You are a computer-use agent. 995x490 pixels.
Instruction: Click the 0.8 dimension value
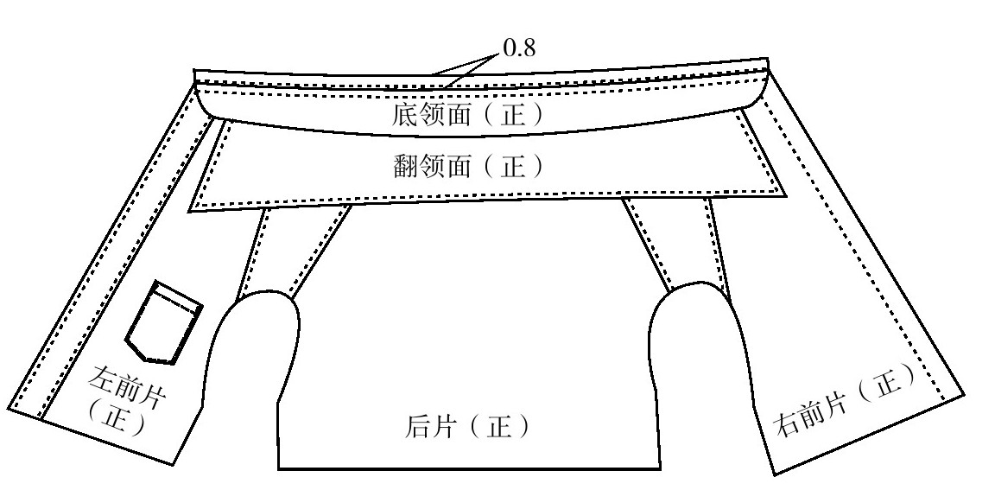(x=519, y=47)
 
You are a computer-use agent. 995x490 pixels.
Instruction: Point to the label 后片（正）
(x=467, y=426)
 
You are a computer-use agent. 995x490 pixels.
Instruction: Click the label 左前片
(x=127, y=388)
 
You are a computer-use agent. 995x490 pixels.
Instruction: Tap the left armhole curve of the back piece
(x=254, y=343)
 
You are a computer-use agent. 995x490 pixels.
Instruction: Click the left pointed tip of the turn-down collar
(x=189, y=212)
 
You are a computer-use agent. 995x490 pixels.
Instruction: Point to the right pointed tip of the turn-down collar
(x=786, y=196)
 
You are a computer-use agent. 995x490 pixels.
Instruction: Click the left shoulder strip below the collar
(x=293, y=251)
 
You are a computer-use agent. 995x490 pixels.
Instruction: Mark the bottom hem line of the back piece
(x=469, y=469)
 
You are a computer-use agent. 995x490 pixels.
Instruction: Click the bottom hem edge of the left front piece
(x=91, y=436)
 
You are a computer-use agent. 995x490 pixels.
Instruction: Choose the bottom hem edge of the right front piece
(x=869, y=435)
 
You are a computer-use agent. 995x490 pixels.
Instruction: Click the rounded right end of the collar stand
(x=764, y=89)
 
